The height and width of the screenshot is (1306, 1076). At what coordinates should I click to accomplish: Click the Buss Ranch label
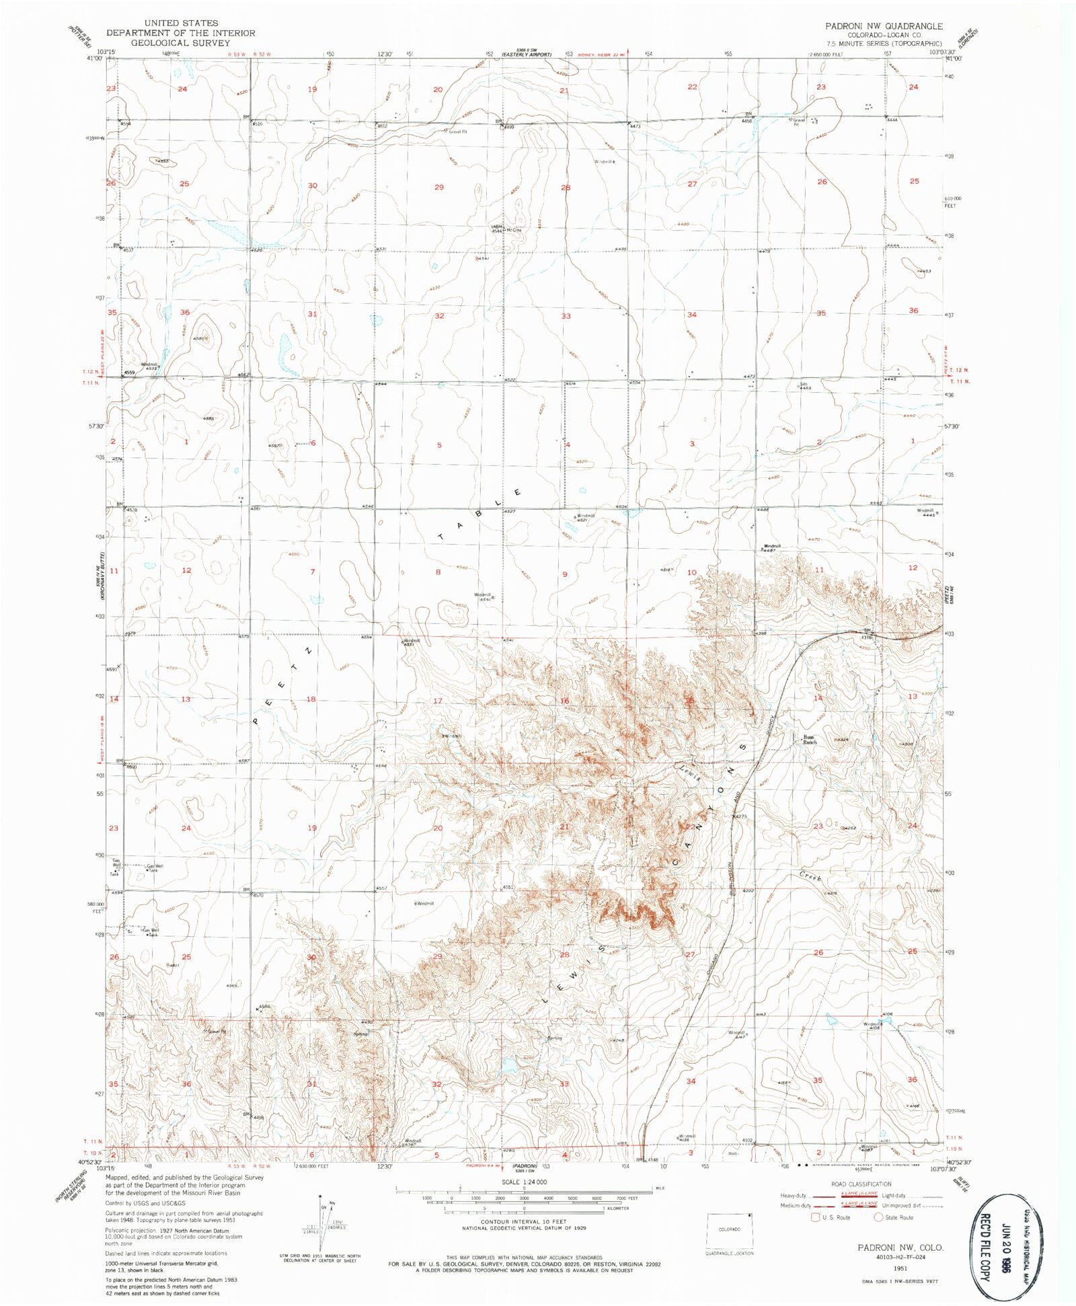tap(810, 739)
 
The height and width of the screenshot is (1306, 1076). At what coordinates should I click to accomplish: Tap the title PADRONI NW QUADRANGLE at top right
tap(884, 26)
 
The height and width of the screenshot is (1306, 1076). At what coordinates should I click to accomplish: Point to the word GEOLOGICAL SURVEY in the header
tap(171, 42)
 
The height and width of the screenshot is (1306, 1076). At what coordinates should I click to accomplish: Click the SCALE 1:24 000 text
tap(524, 1182)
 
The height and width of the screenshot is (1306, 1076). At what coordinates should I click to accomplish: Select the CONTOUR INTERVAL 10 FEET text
tap(524, 1221)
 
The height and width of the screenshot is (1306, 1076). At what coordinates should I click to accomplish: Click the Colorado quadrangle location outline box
tap(729, 1229)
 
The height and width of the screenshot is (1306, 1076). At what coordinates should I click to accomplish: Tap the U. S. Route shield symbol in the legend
tap(816, 1217)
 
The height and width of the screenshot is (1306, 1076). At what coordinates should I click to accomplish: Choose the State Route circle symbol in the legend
tap(878, 1217)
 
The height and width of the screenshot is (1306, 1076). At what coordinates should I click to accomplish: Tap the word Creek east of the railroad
tap(811, 877)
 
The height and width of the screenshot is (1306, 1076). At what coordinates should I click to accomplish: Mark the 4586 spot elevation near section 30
tap(263, 1007)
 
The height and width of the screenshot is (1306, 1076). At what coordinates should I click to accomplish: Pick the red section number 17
tap(438, 701)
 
